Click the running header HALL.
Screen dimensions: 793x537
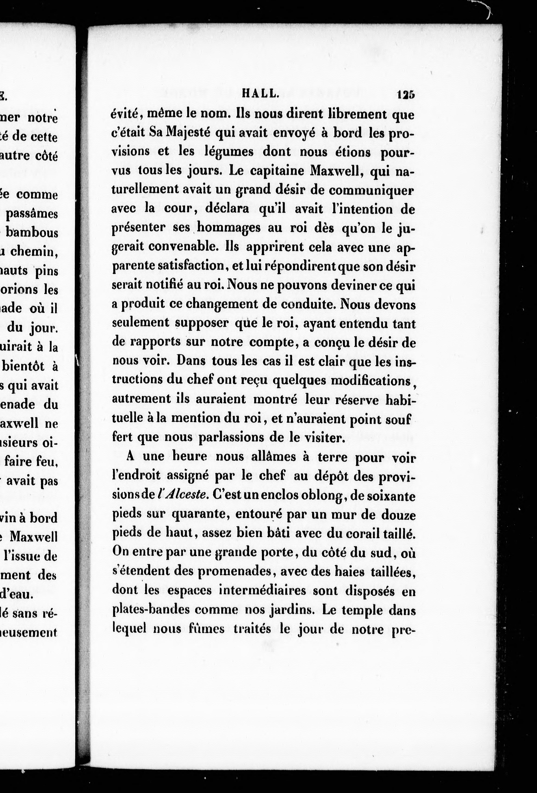click(261, 94)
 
